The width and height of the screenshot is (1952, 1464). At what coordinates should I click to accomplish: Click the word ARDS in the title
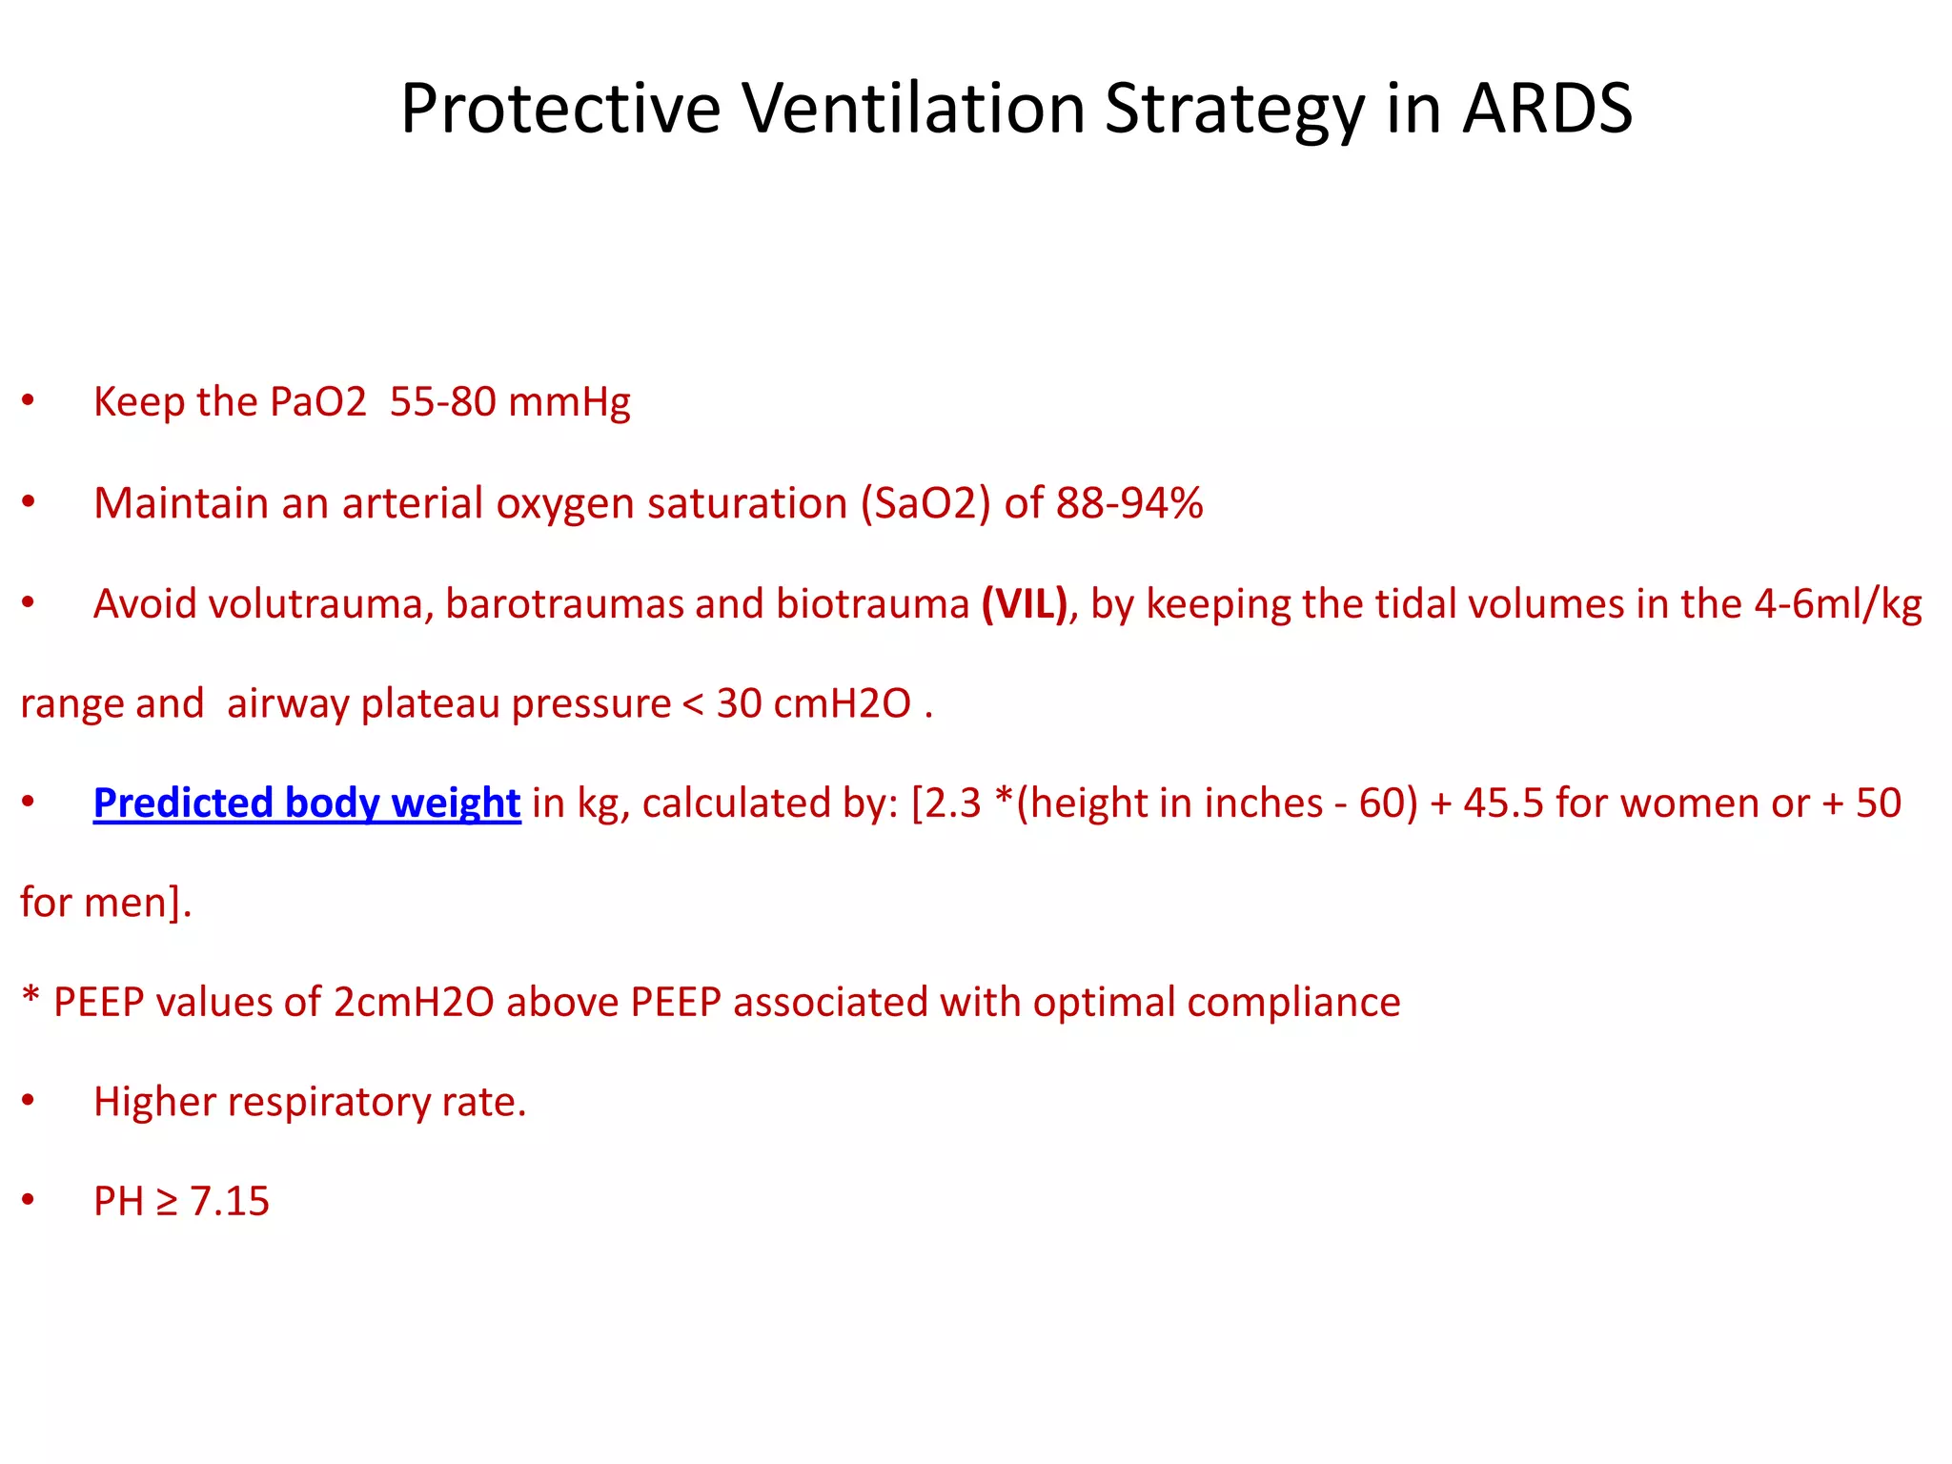click(1548, 109)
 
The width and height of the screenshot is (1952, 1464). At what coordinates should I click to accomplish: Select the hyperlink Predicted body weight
click(307, 803)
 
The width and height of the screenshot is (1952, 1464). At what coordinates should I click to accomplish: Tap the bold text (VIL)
click(1025, 604)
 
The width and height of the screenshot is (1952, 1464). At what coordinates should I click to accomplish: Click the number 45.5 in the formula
click(1503, 803)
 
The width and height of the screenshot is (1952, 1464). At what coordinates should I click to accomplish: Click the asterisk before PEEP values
click(30, 997)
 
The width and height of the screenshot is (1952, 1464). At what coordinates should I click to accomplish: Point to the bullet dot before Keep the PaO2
click(29, 401)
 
